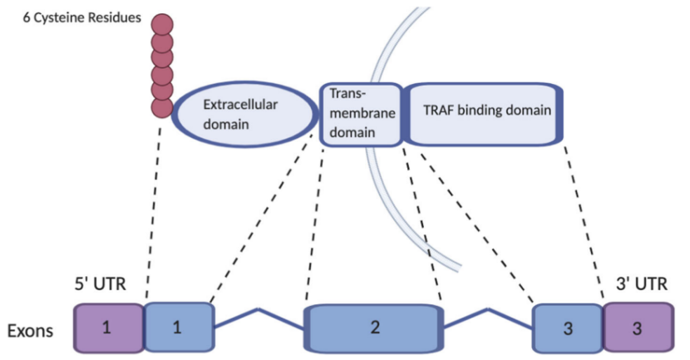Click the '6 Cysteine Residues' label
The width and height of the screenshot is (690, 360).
[x=81, y=17]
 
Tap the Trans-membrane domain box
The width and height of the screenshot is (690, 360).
[x=360, y=114]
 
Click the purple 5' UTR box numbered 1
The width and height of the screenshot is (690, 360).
[x=108, y=328]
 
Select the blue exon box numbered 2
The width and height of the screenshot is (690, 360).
[x=373, y=328]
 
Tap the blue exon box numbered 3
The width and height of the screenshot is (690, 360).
[x=568, y=328]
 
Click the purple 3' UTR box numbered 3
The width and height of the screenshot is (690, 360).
[x=638, y=328]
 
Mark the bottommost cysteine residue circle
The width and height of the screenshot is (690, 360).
[x=161, y=106]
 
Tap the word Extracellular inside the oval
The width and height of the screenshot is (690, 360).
[x=240, y=106]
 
